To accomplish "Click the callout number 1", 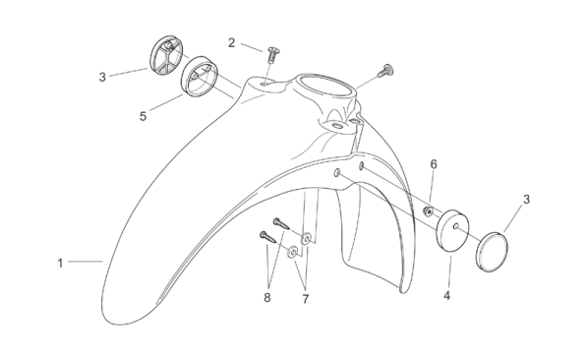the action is point(60,264).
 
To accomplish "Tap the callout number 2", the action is point(232,43).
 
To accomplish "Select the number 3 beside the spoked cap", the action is point(102,77).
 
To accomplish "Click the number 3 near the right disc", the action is point(526,200).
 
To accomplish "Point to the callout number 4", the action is point(446,295).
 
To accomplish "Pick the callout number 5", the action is point(143,116).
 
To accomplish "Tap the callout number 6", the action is point(434,164).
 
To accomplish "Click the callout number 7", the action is point(306,299).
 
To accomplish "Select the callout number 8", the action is point(266,298).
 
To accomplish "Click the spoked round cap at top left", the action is point(165,55).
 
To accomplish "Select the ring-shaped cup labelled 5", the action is point(200,77).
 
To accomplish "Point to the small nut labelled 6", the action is point(428,211).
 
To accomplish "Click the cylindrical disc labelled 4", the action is point(452,230).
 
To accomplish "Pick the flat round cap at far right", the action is point(492,252).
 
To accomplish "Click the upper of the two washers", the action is point(307,238).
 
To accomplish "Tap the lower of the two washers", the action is point(292,252).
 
